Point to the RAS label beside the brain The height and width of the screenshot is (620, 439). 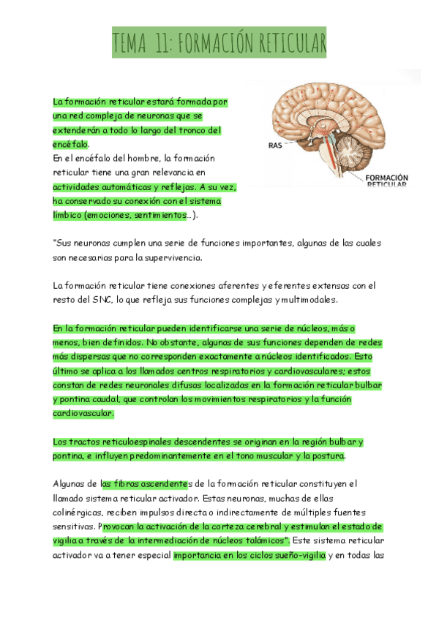[275, 145]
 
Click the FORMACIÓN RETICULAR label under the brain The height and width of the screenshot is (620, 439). [386, 181]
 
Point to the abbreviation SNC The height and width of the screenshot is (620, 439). [102, 299]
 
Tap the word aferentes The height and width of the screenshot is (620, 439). [234, 285]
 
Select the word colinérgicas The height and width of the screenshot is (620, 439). [79, 513]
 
